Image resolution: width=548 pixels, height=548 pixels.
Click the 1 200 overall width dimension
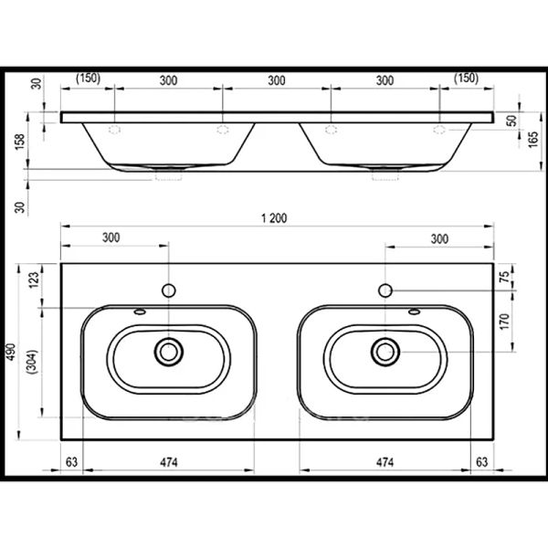(274, 218)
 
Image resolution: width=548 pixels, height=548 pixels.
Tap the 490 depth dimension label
(12, 352)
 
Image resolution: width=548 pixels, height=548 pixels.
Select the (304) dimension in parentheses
(33, 362)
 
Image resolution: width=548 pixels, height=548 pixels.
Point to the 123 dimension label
(34, 280)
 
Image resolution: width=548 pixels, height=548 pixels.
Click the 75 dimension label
(504, 277)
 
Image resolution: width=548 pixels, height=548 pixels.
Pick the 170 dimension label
(504, 321)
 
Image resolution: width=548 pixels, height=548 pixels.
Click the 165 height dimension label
(533, 139)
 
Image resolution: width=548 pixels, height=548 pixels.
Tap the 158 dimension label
(20, 142)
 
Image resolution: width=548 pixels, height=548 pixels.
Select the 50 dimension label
(511, 121)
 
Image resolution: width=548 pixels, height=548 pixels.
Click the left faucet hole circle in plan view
(169, 290)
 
